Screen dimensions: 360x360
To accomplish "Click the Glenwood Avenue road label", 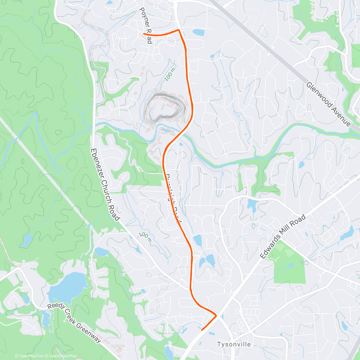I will point(328,104).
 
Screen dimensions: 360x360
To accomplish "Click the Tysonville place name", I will point(234,344).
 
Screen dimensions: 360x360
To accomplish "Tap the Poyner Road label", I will point(146,25).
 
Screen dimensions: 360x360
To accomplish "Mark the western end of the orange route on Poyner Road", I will point(144,34).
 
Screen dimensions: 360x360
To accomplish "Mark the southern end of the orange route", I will point(202,330).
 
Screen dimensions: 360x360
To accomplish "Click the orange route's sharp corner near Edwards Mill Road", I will point(216,315).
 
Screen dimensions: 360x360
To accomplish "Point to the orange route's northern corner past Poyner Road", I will point(179,30).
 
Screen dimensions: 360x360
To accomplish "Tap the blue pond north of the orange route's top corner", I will point(198,32).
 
